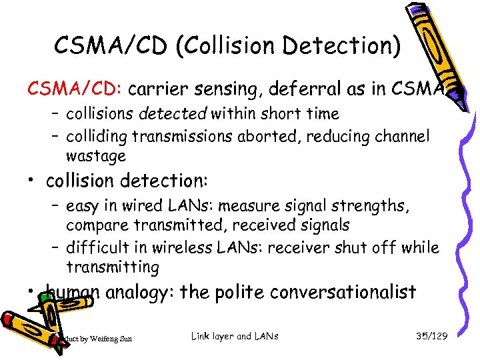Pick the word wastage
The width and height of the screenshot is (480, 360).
click(95, 157)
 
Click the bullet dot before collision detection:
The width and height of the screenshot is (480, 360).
click(31, 181)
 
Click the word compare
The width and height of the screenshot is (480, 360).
click(96, 226)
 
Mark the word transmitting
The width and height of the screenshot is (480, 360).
click(113, 268)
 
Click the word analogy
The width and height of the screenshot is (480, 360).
click(136, 293)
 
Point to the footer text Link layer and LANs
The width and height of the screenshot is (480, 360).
click(235, 337)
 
